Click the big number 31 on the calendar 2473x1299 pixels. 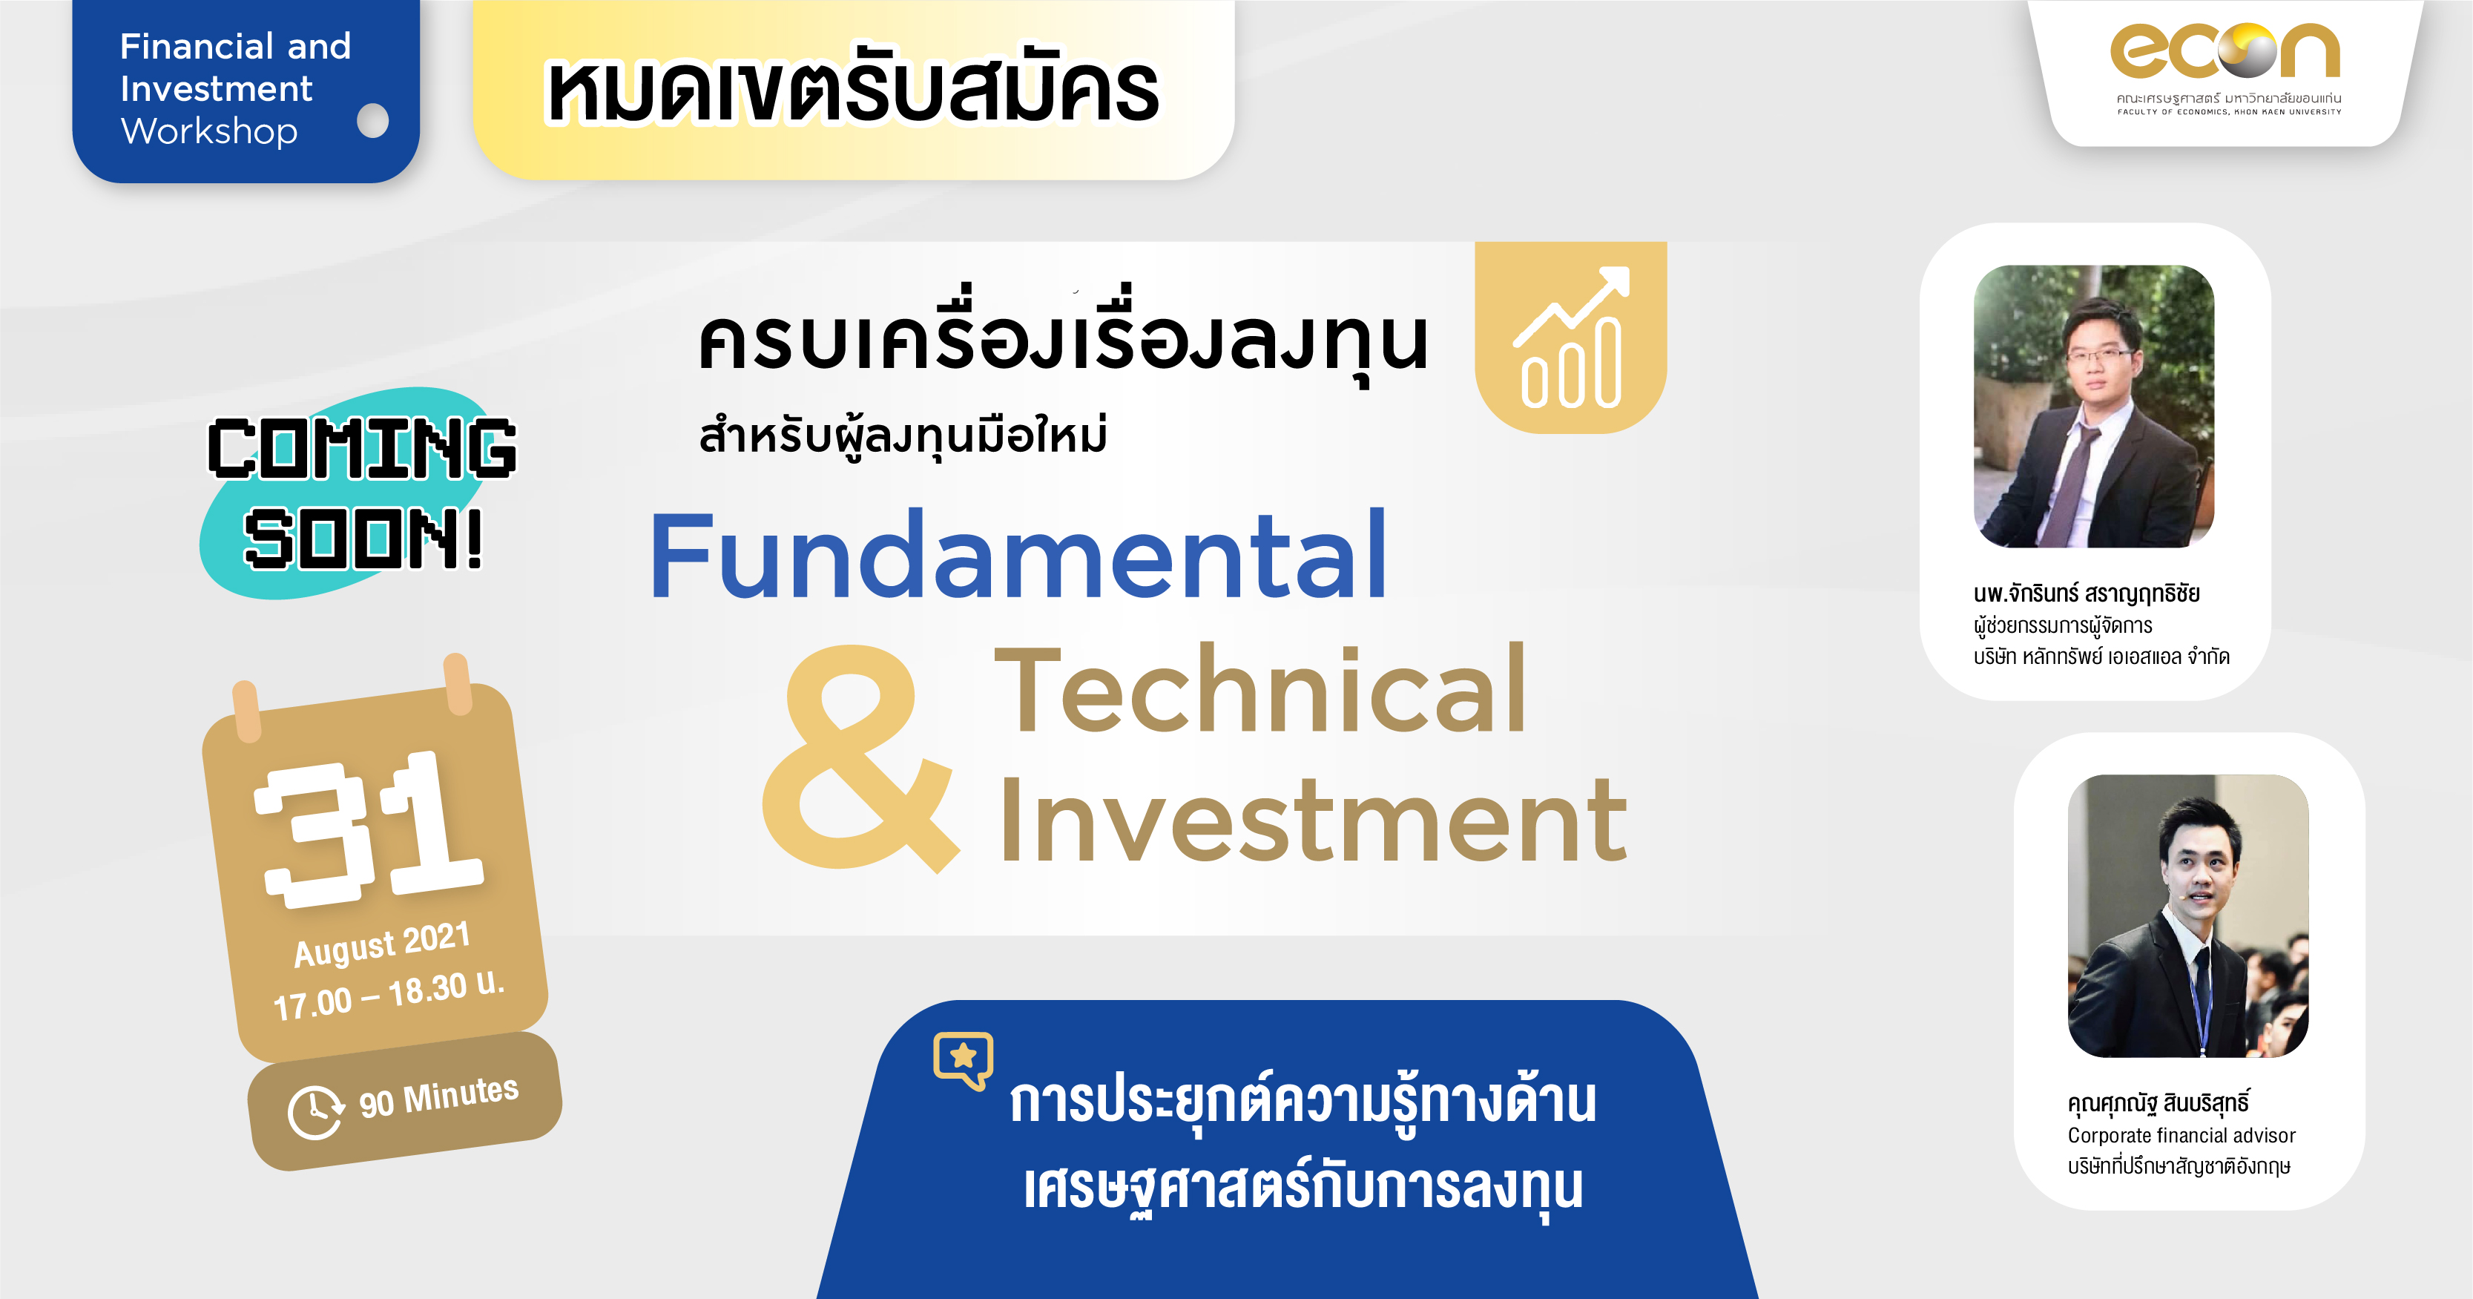tap(369, 828)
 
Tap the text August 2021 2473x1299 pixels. tap(382, 944)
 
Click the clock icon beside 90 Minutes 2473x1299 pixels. tap(315, 1112)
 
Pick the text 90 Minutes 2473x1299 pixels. tap(438, 1096)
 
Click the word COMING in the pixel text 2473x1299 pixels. tap(362, 447)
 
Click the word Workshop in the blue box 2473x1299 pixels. tap(209, 131)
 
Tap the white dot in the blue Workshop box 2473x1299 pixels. tap(372, 121)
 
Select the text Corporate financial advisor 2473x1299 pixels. tap(2181, 1135)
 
